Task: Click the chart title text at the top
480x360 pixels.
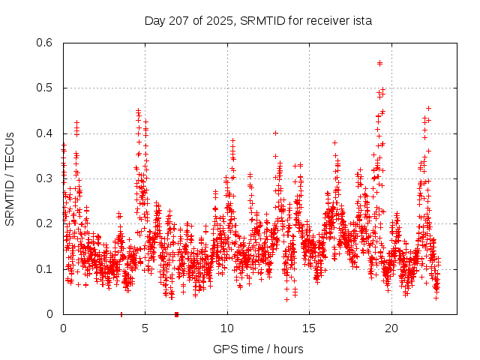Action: click(x=258, y=21)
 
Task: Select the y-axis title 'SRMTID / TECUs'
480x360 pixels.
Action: click(x=10, y=179)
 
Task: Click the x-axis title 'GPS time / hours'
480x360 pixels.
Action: click(x=258, y=349)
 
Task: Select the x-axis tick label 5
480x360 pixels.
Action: click(x=145, y=328)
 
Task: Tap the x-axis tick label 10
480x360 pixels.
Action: click(x=227, y=328)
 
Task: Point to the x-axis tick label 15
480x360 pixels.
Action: click(x=309, y=328)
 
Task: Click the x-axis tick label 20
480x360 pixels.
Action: click(x=391, y=328)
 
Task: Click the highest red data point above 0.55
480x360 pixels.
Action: click(x=380, y=63)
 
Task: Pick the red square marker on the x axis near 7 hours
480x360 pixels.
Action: click(x=176, y=313)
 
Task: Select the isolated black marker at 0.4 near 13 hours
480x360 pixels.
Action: click(x=276, y=133)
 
